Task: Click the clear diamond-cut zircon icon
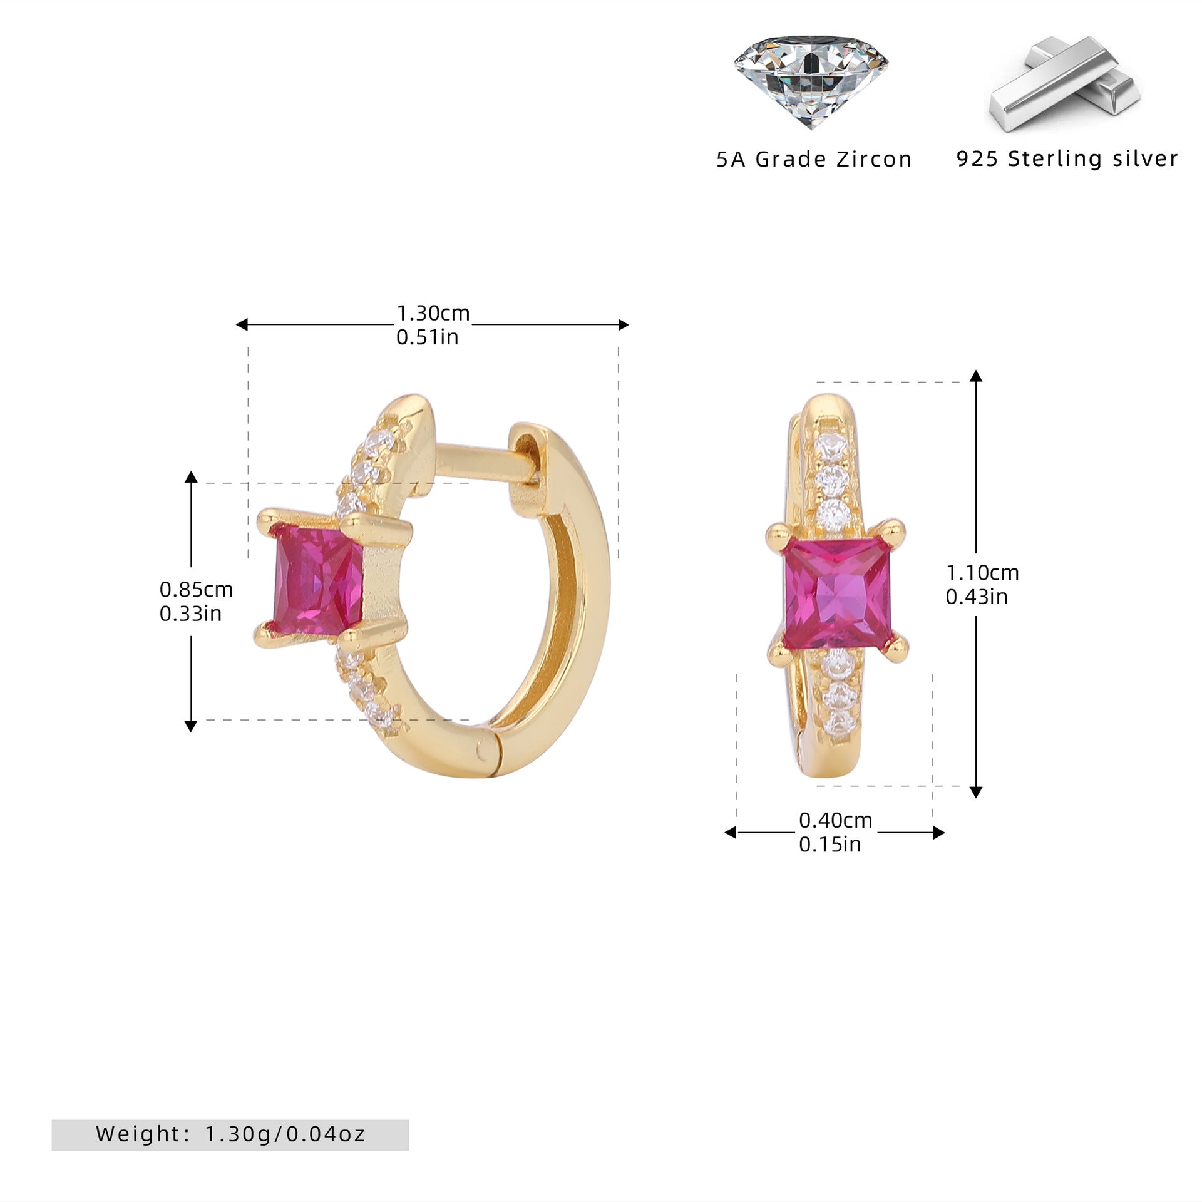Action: (x=811, y=81)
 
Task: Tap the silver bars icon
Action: (x=1064, y=85)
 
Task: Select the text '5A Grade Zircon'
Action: (x=814, y=159)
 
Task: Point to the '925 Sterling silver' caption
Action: (x=1067, y=158)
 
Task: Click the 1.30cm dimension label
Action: (x=433, y=312)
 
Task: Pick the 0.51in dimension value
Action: (x=428, y=337)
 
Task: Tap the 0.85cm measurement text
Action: (x=196, y=589)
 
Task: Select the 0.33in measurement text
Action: (x=190, y=614)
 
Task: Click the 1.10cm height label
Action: (x=982, y=572)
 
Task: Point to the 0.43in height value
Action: (x=977, y=597)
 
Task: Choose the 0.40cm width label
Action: (x=836, y=820)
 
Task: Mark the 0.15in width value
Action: (x=830, y=845)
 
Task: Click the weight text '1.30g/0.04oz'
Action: (x=285, y=1134)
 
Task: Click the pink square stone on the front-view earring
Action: (x=837, y=593)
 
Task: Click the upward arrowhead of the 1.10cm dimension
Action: (x=976, y=376)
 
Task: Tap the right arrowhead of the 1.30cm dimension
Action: (x=624, y=324)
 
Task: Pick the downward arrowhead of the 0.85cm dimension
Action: (x=191, y=726)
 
